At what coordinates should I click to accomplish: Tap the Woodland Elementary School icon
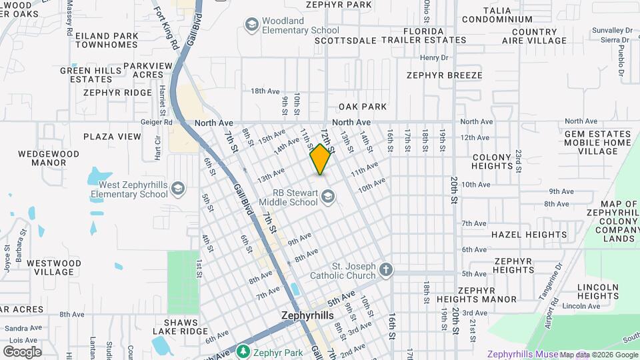pyautogui.click(x=252, y=25)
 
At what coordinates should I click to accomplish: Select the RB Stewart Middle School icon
pyautogui.click(x=327, y=197)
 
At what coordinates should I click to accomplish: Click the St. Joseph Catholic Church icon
pyautogui.click(x=386, y=270)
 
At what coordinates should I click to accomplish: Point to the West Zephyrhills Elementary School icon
pyautogui.click(x=177, y=189)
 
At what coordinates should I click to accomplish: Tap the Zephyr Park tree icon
pyautogui.click(x=243, y=351)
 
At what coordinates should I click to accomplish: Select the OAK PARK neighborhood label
pyautogui.click(x=362, y=107)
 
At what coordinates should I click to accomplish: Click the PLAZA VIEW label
pyautogui.click(x=112, y=137)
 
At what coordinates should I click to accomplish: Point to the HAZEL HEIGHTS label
pyautogui.click(x=529, y=235)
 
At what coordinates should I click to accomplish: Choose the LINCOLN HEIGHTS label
pyautogui.click(x=599, y=291)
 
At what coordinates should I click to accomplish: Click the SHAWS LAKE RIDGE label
pyautogui.click(x=180, y=327)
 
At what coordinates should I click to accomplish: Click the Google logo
pyautogui.click(x=22, y=352)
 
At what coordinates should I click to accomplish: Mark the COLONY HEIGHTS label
pyautogui.click(x=491, y=161)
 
